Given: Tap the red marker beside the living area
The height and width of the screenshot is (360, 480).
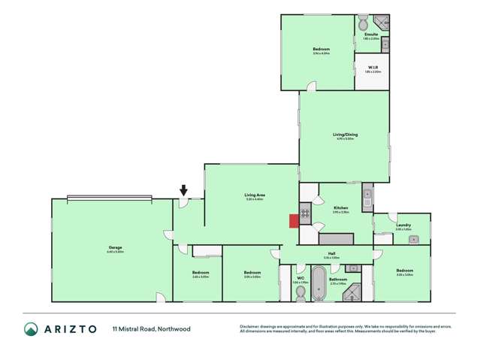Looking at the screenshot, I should [x=293, y=219].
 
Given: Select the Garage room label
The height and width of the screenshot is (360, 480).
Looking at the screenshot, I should [x=115, y=247].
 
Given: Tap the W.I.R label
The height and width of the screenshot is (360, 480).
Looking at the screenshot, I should [x=372, y=66].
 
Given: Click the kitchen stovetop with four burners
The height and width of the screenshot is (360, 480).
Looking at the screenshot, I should [x=306, y=213].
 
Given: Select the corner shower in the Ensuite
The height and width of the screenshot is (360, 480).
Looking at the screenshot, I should [x=382, y=21].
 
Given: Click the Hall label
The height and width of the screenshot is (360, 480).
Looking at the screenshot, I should [x=331, y=253].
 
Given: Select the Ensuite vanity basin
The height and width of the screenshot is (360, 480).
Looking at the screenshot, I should [x=385, y=44].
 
